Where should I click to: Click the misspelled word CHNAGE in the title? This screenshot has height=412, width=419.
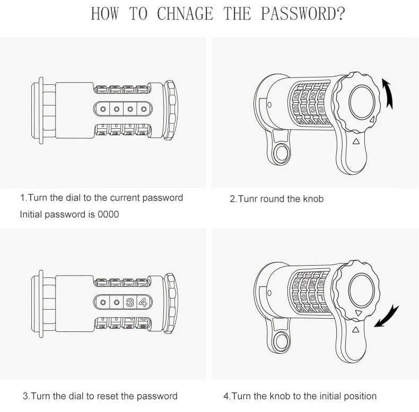click(x=185, y=14)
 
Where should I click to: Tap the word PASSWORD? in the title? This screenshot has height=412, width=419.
click(x=303, y=14)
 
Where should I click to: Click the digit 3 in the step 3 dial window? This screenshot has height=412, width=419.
click(x=130, y=302)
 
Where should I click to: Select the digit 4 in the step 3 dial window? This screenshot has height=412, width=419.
click(x=143, y=302)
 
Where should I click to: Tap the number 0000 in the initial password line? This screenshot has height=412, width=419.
click(x=108, y=215)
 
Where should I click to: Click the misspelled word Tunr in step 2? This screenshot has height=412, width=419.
click(x=248, y=199)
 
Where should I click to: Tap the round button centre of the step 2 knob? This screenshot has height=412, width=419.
click(x=362, y=102)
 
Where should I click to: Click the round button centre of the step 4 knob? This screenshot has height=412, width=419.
click(x=361, y=291)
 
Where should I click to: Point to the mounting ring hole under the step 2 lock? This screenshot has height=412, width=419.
click(x=281, y=154)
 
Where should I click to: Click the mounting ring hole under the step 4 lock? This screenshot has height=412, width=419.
click(x=281, y=341)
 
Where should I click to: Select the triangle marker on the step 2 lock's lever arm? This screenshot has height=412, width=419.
click(x=356, y=142)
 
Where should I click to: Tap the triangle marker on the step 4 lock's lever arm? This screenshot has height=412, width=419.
click(x=355, y=329)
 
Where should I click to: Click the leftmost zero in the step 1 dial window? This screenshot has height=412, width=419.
click(x=103, y=109)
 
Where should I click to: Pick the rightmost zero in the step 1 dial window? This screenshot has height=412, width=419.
click(x=144, y=109)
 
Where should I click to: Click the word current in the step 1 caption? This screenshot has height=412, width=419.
click(x=125, y=198)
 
